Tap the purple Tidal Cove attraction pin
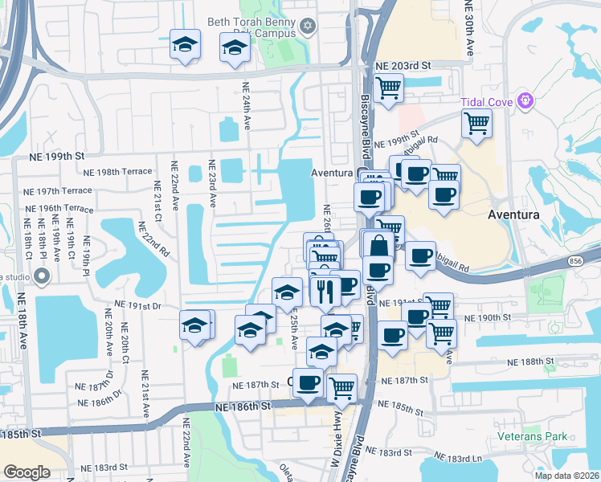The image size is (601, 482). (525, 102)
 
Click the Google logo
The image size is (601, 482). (27, 472)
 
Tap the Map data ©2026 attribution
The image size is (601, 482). (566, 476)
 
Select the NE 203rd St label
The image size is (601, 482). (403, 65)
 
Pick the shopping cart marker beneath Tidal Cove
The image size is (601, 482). (477, 125)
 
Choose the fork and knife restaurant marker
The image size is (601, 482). (325, 292)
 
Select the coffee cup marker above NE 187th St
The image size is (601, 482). (307, 382)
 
